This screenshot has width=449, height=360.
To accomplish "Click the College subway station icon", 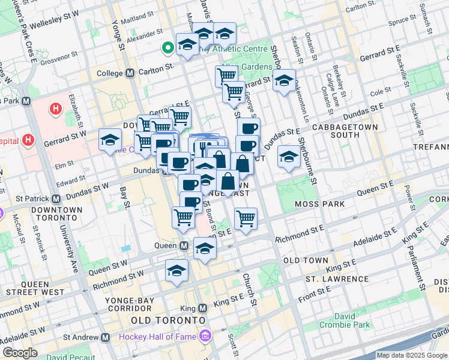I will click(x=130, y=73).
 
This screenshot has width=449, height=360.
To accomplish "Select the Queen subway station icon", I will click(x=186, y=245).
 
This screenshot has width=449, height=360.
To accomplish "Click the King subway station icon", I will click(x=202, y=308).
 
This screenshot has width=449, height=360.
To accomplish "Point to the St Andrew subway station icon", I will click(x=106, y=338).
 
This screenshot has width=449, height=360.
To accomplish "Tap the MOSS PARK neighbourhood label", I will click(x=319, y=205).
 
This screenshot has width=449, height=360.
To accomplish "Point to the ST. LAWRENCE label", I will click(x=337, y=279).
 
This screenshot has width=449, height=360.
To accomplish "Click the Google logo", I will click(x=20, y=353).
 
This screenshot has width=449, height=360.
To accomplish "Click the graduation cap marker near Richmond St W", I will click(x=176, y=272).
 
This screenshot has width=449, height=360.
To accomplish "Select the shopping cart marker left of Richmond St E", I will click(x=246, y=219).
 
